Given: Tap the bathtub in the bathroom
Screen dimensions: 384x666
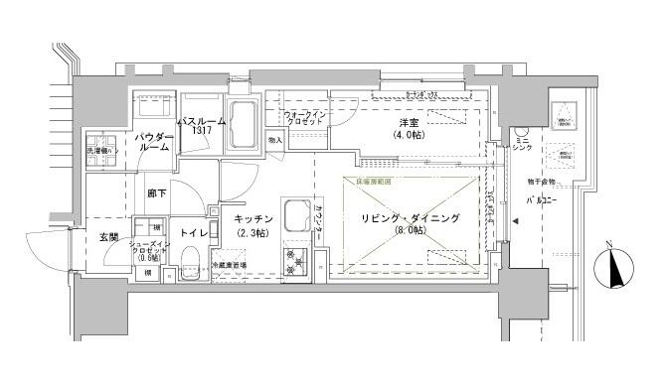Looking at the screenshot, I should (243, 124).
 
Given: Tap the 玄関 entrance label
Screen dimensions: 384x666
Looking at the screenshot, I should (108, 237).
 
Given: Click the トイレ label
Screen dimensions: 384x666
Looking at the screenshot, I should (195, 233).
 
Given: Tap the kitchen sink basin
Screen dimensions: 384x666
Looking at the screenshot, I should (295, 215).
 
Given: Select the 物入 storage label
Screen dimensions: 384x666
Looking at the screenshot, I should (274, 140).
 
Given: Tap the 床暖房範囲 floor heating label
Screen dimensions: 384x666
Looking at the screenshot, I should (367, 182).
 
